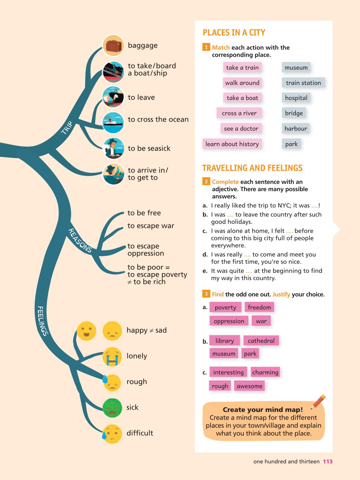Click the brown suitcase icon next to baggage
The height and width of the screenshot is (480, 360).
point(113,46)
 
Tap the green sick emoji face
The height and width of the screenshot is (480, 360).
point(112,408)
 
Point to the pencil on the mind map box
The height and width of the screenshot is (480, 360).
point(318,402)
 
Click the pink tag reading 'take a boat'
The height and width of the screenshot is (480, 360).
point(242,98)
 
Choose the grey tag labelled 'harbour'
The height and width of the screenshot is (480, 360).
point(296,128)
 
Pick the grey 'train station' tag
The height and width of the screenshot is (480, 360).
point(303,83)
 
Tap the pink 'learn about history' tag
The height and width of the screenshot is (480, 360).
point(232,144)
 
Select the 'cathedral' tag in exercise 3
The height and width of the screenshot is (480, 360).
point(261,341)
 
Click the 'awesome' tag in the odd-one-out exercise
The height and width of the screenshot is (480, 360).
point(250,386)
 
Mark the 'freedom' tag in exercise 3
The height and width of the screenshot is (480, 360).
point(259,307)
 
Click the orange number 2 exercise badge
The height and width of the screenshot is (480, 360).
point(206,181)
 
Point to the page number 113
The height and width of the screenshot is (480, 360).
point(328,462)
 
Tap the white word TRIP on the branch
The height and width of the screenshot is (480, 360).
point(67,128)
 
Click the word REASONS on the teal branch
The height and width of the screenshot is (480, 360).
point(80,240)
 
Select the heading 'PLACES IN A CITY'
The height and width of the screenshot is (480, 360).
point(234,33)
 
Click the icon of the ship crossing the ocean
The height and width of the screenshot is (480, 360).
point(113,122)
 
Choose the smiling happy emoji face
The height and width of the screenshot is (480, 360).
point(87,331)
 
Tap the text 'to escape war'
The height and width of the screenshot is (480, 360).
point(151,225)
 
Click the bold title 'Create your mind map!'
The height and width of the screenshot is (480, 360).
point(263,409)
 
